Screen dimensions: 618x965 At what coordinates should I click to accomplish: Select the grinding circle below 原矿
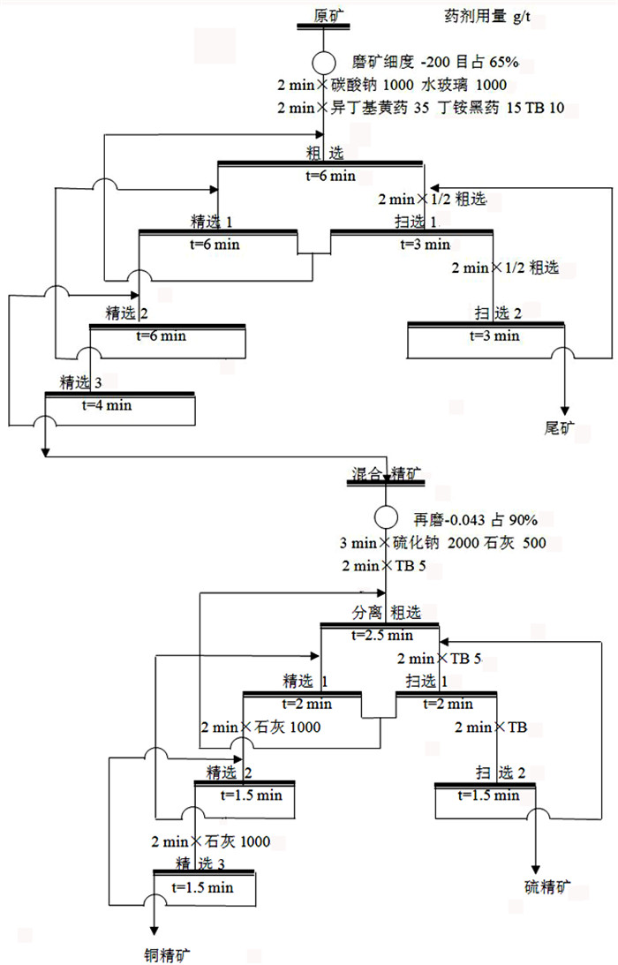click(324, 62)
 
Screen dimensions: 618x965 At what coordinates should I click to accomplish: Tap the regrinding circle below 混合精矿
click(386, 517)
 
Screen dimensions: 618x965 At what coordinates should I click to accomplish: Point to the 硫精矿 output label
click(547, 886)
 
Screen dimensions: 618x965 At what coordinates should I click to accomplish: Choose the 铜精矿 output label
click(167, 955)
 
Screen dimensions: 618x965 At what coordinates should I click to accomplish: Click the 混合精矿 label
click(387, 473)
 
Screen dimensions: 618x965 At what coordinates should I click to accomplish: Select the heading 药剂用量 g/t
click(486, 17)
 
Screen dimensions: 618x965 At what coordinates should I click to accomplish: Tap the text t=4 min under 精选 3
click(107, 405)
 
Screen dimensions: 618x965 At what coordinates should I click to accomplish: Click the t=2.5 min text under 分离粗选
click(381, 635)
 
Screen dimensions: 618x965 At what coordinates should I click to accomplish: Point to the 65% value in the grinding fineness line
click(504, 62)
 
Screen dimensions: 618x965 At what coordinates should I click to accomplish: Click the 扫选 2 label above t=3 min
click(498, 313)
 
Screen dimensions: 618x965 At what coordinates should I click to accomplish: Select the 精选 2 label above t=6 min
click(127, 313)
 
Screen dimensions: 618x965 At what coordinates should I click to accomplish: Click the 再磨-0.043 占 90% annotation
click(475, 520)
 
